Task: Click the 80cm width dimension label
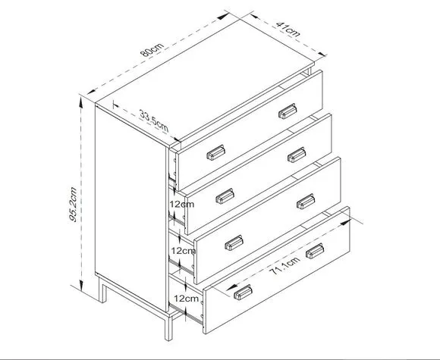(152, 49)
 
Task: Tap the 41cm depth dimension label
(288, 29)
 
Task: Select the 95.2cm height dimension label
(73, 205)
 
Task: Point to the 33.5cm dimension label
(154, 121)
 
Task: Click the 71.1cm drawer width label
(284, 266)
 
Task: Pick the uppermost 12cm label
(182, 204)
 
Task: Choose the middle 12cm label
(184, 251)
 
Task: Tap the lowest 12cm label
(186, 299)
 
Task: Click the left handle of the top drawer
(215, 152)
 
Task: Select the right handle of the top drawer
(288, 111)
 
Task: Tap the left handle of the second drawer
(225, 196)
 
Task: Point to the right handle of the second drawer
(297, 155)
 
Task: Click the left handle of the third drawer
(234, 243)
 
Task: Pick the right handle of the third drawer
(306, 202)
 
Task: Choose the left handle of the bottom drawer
(243, 292)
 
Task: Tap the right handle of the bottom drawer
(315, 251)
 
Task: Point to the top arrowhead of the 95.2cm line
(81, 102)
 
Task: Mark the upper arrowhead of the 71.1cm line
(345, 223)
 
